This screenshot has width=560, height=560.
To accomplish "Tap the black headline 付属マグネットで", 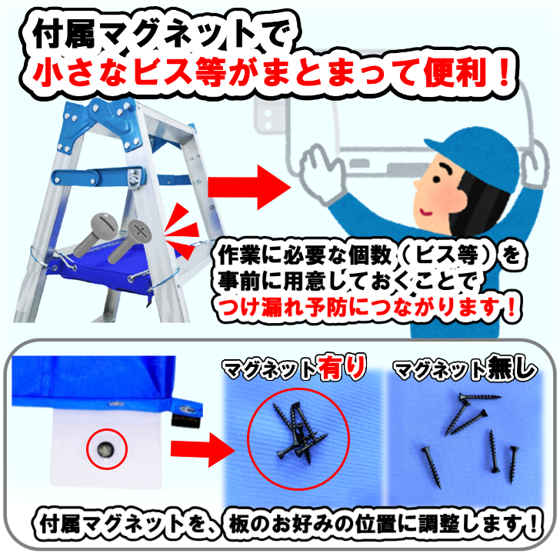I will (154, 35).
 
